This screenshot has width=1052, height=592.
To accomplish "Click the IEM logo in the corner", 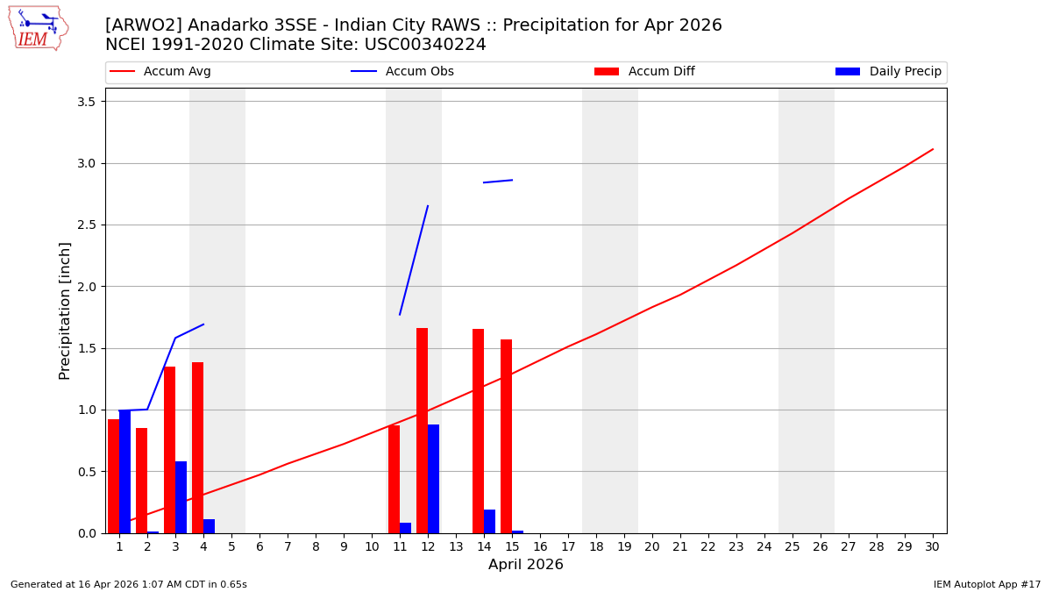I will click(x=38, y=28).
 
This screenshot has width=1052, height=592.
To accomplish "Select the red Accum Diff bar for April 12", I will click(x=423, y=431).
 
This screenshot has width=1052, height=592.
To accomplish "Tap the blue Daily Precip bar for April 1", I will click(x=124, y=472).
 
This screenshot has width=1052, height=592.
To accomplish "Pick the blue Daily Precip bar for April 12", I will click(x=433, y=479).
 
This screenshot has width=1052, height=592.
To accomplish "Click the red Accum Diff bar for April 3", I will click(x=170, y=450).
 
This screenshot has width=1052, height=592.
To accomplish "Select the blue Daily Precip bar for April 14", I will click(x=489, y=521).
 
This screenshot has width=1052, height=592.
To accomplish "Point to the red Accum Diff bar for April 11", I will click(x=394, y=479).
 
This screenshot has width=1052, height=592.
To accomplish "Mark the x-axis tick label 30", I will click(x=933, y=546).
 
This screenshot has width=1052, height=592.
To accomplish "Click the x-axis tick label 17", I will click(x=568, y=546).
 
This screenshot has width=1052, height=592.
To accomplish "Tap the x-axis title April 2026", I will click(x=526, y=565).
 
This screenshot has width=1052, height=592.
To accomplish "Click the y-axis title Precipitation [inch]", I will click(x=66, y=310).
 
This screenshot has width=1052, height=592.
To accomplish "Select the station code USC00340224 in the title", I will click(x=425, y=45).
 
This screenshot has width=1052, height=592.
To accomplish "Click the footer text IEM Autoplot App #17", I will click(x=986, y=584).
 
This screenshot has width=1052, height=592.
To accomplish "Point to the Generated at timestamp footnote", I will click(x=129, y=584).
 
